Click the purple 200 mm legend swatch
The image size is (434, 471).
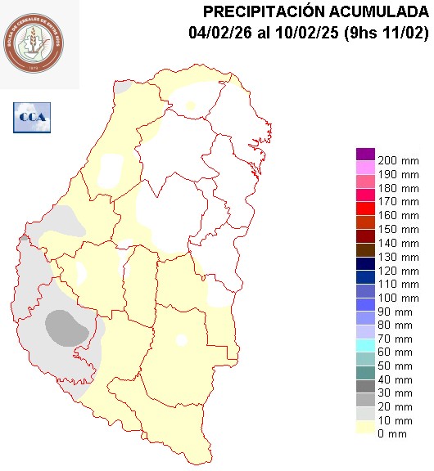365,154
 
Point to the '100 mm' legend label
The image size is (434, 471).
399,298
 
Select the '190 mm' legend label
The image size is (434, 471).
399,175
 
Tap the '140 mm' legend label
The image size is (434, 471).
399,243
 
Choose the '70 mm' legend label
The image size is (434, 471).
396,339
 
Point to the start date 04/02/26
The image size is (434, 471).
215,34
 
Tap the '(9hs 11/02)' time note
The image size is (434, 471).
385,34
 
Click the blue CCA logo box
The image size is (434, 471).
32,117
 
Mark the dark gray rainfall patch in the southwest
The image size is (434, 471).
66,327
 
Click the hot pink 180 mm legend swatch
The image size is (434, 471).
365,182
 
